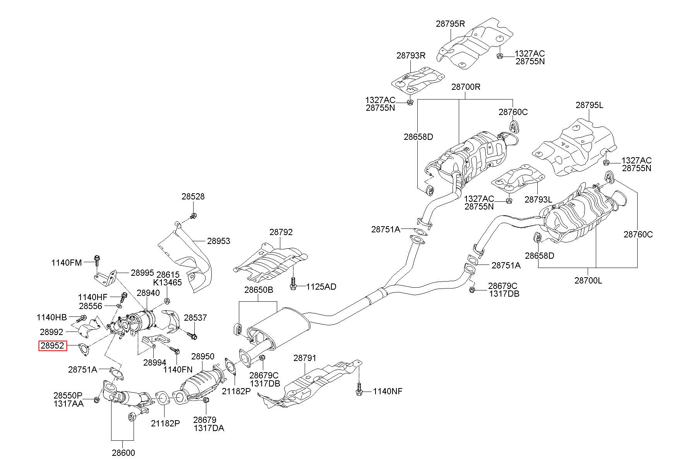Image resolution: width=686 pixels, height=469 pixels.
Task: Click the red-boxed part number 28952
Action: click(53, 345)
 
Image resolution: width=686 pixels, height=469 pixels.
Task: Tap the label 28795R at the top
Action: click(450, 23)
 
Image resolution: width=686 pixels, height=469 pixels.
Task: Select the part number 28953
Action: click(218, 241)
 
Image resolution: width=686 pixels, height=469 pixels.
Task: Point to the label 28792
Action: click(281, 232)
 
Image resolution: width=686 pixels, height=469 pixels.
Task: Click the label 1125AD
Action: click(321, 287)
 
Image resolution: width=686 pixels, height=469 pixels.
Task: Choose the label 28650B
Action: click(259, 290)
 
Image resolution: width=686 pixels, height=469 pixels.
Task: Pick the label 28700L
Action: click(588, 280)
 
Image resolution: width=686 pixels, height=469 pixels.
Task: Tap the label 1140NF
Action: click(388, 391)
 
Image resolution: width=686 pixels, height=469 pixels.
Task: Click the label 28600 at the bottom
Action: click(124, 453)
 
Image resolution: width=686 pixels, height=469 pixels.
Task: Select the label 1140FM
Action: click(67, 263)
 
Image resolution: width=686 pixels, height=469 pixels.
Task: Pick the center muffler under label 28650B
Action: click(276, 327)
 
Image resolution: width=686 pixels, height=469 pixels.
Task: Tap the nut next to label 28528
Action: click(194, 216)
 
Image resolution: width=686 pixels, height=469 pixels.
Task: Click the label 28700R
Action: click(466, 87)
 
